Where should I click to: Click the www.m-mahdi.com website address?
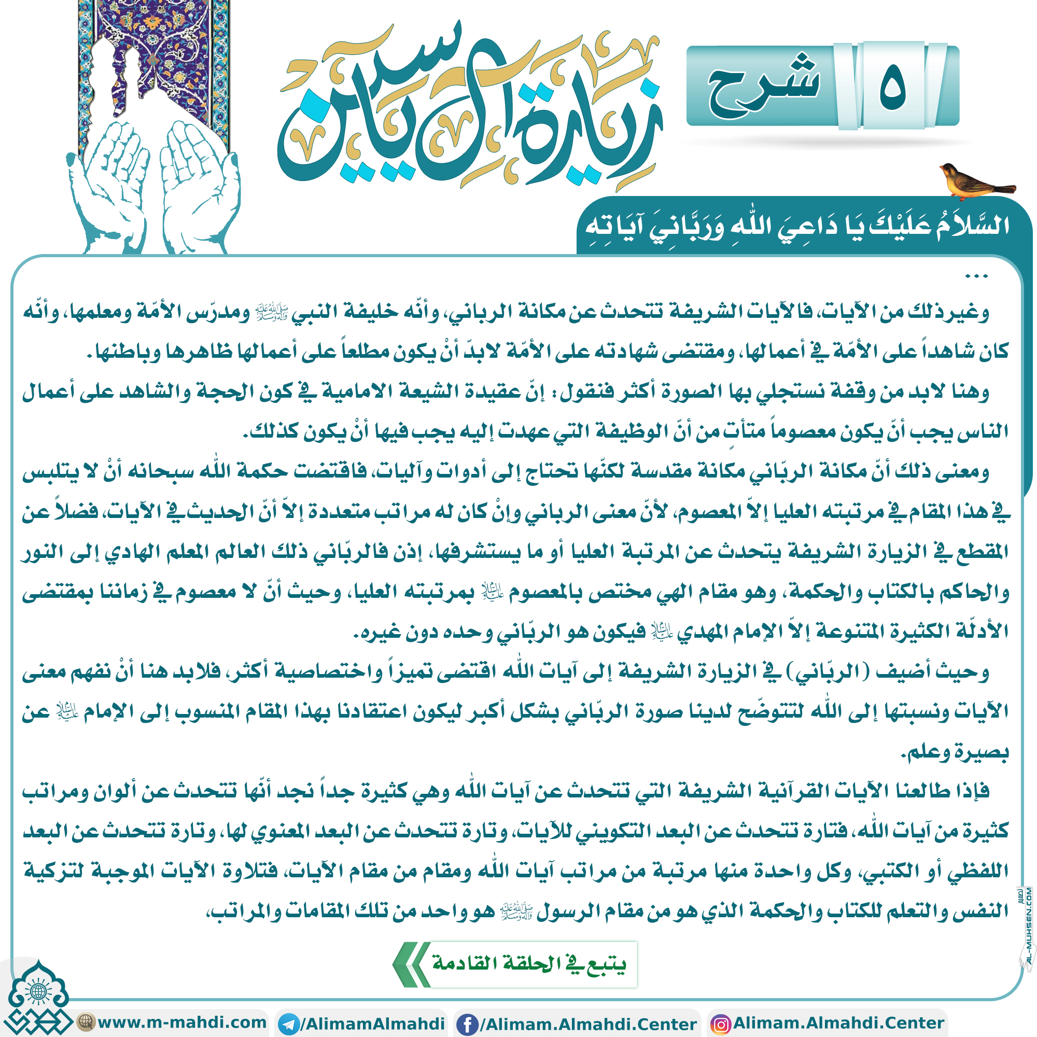(x=183, y=1022)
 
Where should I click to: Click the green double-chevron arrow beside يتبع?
(x=411, y=964)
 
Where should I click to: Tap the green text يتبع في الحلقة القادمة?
(x=529, y=964)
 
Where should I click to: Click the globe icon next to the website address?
(x=85, y=1021)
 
